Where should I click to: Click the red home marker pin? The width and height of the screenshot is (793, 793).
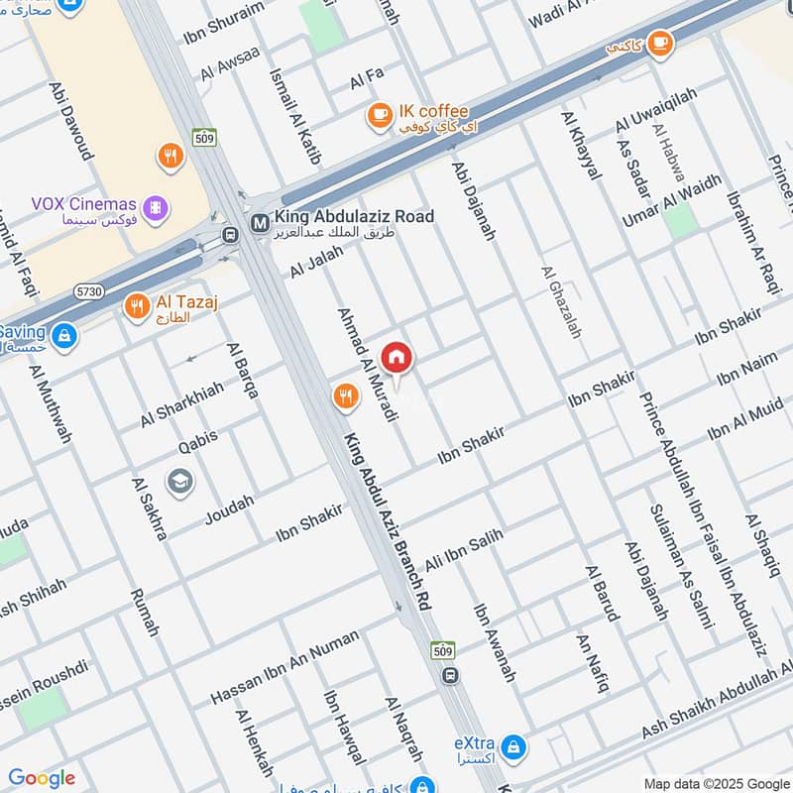coord(396,358)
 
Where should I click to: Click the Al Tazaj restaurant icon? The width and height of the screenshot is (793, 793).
coord(137,307)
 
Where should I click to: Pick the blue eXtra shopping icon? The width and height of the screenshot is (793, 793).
coord(512,744)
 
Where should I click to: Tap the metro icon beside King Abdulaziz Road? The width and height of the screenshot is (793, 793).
coord(259,223)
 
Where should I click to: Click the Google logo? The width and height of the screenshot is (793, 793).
coord(42,778)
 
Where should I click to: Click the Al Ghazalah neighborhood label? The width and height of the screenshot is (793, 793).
coord(561,302)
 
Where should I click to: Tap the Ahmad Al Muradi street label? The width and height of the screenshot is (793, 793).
coord(368,363)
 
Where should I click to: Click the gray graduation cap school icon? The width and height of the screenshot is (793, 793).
coord(180,483)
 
